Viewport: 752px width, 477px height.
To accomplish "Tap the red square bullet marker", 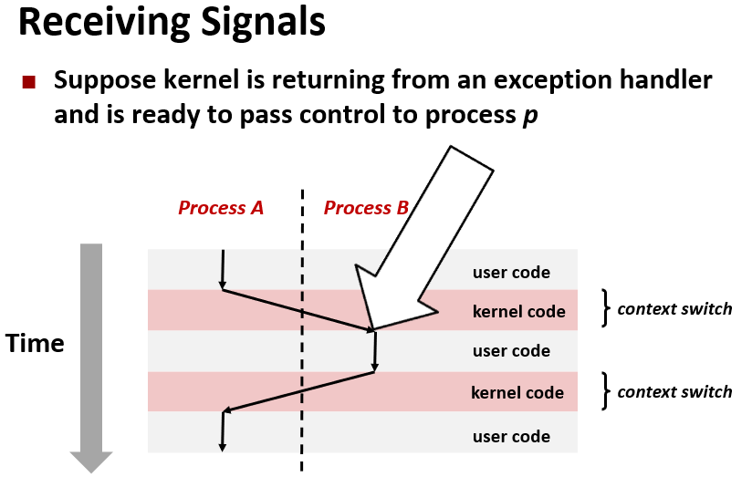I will point(29,82).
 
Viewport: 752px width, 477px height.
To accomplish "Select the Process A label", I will point(221,208).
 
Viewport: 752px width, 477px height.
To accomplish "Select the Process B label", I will point(366,208).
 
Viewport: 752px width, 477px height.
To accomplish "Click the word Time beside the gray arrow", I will point(35,344).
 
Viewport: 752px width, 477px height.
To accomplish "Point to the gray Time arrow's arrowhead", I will point(90,461).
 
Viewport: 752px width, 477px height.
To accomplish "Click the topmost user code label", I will point(511,272).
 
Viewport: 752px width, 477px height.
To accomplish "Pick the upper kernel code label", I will point(518,311).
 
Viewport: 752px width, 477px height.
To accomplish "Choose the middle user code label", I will point(511,351).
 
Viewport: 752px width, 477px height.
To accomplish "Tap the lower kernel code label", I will point(517,393).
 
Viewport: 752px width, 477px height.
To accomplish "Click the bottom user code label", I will point(511,436).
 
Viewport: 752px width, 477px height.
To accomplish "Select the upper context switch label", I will point(674,308).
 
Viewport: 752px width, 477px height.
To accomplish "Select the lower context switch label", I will point(674,391).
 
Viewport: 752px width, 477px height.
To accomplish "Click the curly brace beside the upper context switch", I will point(605,308).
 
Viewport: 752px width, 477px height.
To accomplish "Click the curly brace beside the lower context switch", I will point(605,391).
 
